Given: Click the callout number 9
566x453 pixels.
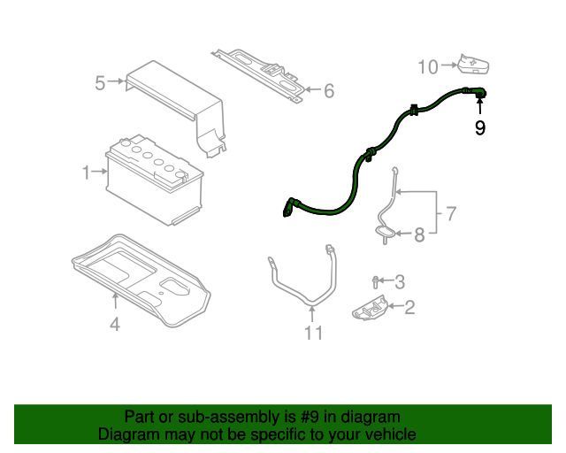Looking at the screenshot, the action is tap(479, 127).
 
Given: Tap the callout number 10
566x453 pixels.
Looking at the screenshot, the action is tap(428, 67).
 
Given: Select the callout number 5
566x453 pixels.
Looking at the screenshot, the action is tap(100, 82).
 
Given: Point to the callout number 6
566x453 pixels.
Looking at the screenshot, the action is tap(329, 90).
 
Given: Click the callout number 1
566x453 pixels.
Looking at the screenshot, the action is tap(86, 173).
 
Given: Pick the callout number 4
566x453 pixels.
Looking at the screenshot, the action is tap(115, 324).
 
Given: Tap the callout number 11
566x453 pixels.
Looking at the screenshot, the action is tap(313, 333).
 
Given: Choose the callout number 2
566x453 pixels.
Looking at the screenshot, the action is tap(409, 307).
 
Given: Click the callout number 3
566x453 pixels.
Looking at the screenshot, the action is tap(400, 281).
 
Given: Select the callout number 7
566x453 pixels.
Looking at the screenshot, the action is tap(451, 213).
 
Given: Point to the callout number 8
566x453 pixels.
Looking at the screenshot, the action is tap(419, 234).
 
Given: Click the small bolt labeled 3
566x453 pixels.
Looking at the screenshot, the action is tap(375, 282).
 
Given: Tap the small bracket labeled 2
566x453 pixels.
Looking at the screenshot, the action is tap(370, 308).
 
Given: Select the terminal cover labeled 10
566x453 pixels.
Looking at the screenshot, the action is tap(474, 65).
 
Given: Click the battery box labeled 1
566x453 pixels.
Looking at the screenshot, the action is tap(154, 180).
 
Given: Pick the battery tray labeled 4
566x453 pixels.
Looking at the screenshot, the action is tap(141, 280).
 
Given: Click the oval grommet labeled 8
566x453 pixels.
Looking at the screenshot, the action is tap(385, 232).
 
